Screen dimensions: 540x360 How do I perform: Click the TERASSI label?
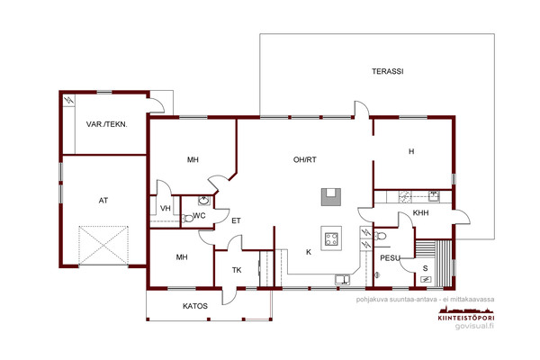[x=387, y=72]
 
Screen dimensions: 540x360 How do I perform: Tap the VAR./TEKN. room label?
[x=107, y=124]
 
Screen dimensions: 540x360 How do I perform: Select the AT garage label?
[x=103, y=201]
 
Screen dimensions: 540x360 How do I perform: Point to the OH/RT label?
[x=305, y=160]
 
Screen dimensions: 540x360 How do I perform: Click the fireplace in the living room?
[x=331, y=197]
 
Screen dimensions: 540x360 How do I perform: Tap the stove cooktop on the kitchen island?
[x=331, y=238]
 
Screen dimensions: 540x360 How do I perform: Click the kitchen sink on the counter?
[x=343, y=279]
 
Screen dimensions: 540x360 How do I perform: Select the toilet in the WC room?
[x=187, y=219]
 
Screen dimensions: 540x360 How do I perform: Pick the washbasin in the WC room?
[x=203, y=200]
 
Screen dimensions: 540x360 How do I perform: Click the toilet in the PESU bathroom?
[x=380, y=237]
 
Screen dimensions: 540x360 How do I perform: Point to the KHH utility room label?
[x=420, y=213]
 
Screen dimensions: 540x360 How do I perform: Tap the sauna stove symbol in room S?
[x=426, y=280]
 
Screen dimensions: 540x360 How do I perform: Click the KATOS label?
[x=195, y=306]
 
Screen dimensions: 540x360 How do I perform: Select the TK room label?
[x=237, y=270]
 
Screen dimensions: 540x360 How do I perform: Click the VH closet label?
[x=166, y=209]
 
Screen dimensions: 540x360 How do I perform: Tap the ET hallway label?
[x=236, y=220]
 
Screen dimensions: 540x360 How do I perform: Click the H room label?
[x=411, y=151]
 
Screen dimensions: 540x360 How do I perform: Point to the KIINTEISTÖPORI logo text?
[x=466, y=318]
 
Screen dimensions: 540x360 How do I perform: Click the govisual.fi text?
[x=474, y=326]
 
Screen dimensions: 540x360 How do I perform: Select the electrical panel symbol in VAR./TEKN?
[x=69, y=101]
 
